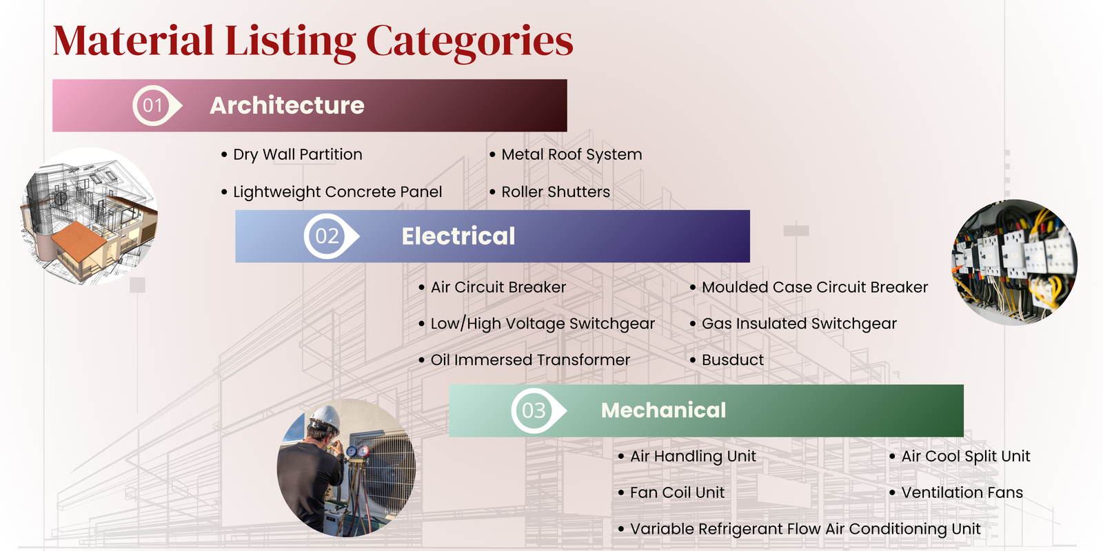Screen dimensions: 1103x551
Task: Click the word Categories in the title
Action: tap(469, 43)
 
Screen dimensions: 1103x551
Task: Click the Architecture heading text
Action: tap(287, 105)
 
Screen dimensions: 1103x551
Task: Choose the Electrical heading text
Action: tap(458, 236)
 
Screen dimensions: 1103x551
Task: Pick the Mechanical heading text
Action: tap(663, 410)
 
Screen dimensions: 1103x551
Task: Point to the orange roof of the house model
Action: tap(79, 240)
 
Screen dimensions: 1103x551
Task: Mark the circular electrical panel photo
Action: tap(1014, 262)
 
